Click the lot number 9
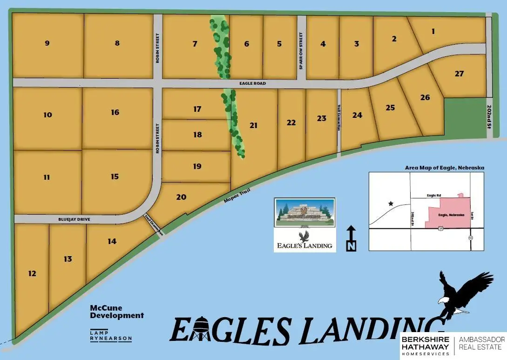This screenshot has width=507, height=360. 47,43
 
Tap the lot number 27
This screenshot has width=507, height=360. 460,74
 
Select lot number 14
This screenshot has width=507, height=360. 112,241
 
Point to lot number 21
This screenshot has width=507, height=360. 253,125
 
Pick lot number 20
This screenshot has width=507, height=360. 181,197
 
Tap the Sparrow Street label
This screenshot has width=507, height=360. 301,51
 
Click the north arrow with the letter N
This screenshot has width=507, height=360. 351,239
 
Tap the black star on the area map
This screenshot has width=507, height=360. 391,204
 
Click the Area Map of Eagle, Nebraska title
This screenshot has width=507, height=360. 445,168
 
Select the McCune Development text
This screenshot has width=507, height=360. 116,312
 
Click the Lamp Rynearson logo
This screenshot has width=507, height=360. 111,335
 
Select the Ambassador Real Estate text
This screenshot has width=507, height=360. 481,343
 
